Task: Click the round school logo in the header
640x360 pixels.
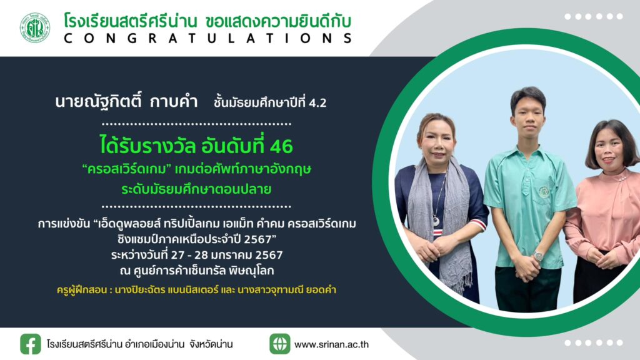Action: [x=35, y=27]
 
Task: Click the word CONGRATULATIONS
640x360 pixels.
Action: [x=207, y=38]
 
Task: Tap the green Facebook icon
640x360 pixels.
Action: [x=31, y=344]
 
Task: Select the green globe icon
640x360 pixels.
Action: [x=279, y=344]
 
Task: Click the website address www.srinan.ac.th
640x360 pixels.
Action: [x=331, y=344]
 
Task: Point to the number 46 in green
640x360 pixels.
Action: [x=281, y=146]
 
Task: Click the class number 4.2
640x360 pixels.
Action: [x=317, y=103]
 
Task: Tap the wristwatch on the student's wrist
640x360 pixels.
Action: [x=538, y=256]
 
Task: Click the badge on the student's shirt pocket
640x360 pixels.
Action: [x=543, y=191]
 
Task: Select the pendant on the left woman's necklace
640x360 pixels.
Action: [x=436, y=221]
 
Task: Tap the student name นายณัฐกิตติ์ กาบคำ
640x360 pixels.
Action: [x=126, y=101]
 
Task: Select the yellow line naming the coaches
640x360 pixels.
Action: [x=196, y=290]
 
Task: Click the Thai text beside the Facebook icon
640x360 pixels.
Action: [x=139, y=344]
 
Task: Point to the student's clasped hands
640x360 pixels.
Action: [x=526, y=267]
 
